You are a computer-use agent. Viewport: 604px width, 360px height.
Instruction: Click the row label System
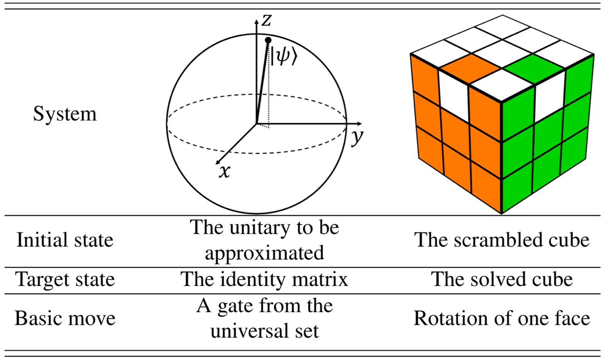(x=65, y=114)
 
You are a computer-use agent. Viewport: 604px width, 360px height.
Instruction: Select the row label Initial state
(x=65, y=240)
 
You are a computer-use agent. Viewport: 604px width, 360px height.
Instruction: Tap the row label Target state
(x=65, y=279)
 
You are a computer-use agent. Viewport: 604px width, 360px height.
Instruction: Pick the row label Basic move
(x=65, y=318)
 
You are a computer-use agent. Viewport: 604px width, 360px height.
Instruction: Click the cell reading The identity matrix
(x=264, y=279)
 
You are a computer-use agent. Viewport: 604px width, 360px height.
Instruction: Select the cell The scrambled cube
(x=502, y=240)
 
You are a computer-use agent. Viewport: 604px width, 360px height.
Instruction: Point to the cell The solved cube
(x=502, y=279)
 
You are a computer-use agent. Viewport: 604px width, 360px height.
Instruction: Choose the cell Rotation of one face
(x=502, y=318)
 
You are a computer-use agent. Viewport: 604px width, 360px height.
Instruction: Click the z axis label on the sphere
(x=267, y=19)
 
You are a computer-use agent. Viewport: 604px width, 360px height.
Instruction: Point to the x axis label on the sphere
(x=223, y=172)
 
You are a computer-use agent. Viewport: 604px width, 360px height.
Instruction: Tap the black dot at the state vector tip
(x=268, y=40)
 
